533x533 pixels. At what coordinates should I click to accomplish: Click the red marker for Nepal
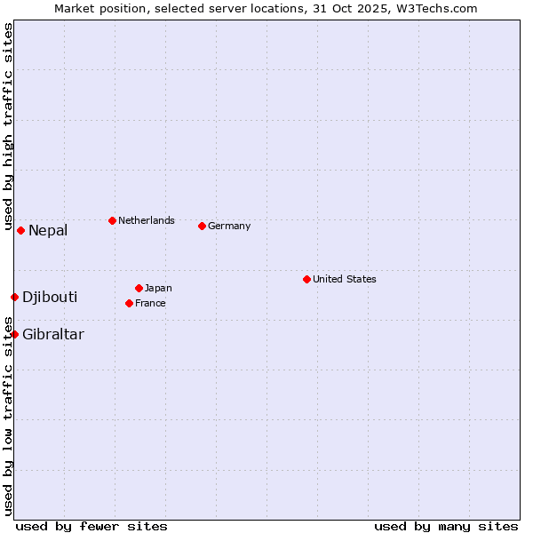tap(20, 230)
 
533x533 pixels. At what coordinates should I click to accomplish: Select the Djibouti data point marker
tap(14, 297)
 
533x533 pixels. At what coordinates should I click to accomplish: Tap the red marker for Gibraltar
tap(14, 334)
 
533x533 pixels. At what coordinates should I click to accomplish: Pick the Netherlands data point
tap(112, 220)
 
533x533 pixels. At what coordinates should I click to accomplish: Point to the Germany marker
tap(202, 226)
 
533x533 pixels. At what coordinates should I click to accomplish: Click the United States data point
tap(306, 279)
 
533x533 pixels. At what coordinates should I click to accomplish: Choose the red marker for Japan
tap(139, 288)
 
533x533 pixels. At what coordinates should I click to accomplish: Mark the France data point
tap(129, 303)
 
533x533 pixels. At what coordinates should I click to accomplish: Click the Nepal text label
tap(48, 231)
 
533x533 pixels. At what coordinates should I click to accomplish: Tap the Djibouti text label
tap(50, 297)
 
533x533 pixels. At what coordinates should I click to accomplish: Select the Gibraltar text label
tap(53, 335)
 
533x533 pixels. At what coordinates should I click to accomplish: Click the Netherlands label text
tap(147, 220)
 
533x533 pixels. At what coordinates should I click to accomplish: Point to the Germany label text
tap(229, 226)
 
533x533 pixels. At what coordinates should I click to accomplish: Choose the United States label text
tap(345, 279)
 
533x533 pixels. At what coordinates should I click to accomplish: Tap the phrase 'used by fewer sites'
tap(91, 526)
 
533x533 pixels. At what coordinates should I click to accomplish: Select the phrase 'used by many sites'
tap(446, 526)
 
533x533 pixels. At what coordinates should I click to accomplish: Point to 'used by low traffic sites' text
tap(8, 418)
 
